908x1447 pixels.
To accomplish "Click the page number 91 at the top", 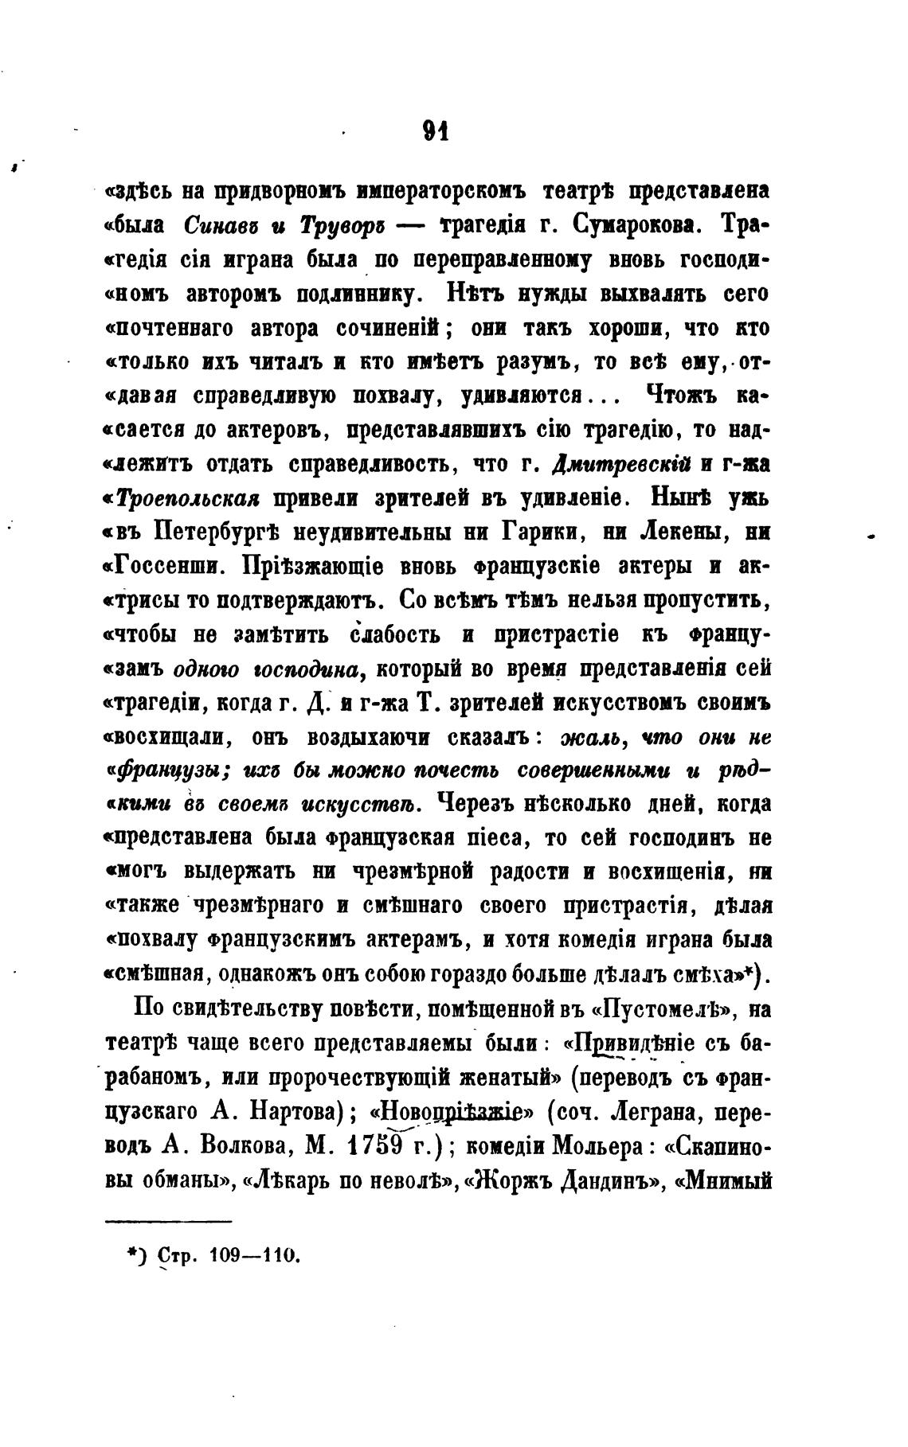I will [x=436, y=130].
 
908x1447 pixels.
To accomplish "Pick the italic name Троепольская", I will [x=190, y=499].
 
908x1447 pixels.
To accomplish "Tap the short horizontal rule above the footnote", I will [x=168, y=1221].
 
